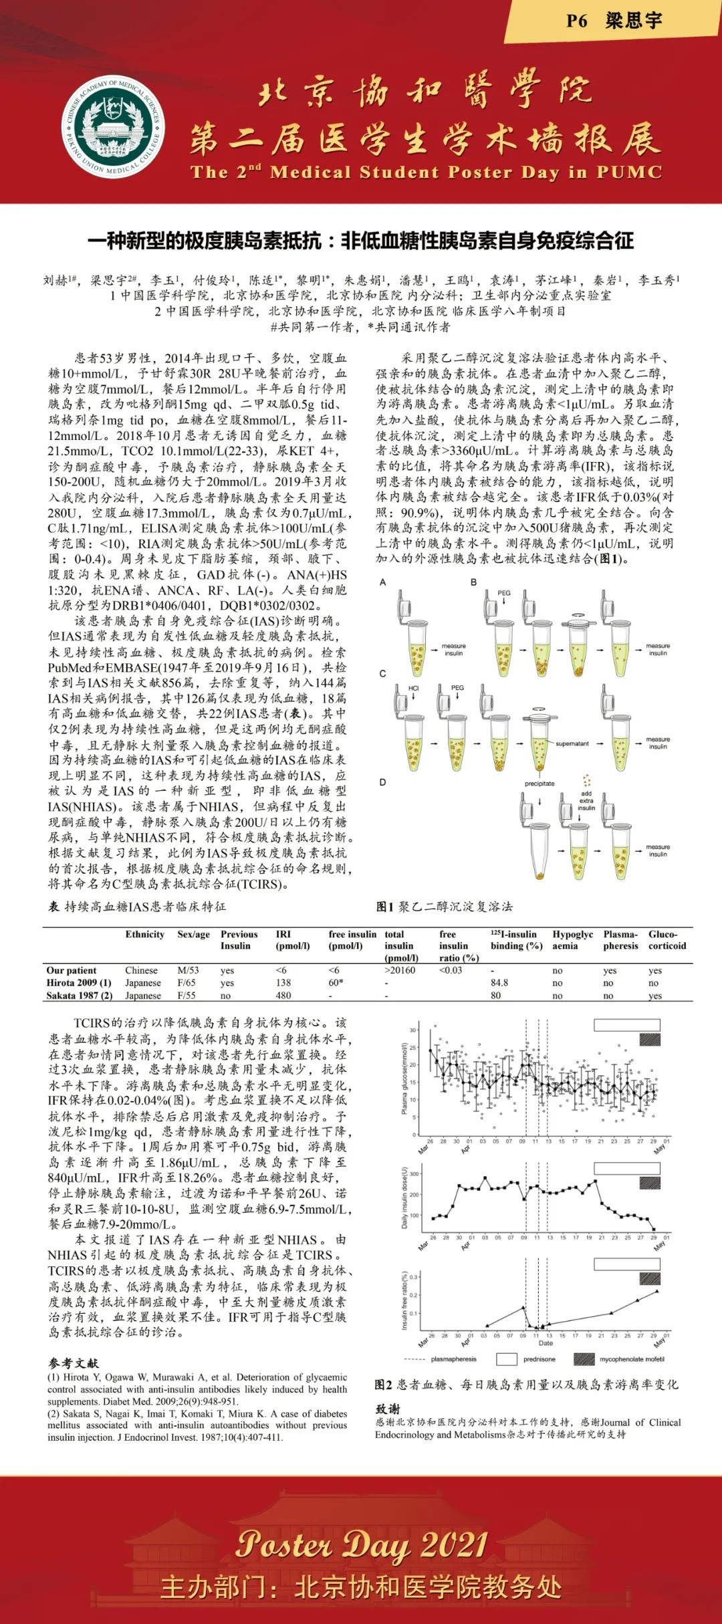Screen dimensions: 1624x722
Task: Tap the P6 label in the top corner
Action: pos(576,21)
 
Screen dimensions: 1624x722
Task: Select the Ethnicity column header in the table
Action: pos(144,934)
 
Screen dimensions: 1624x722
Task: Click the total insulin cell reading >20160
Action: pos(400,970)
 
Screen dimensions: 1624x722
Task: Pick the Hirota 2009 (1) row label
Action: pos(79,983)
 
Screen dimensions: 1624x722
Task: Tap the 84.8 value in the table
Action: pos(499,983)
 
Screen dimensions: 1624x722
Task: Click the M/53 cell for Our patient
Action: pos(188,970)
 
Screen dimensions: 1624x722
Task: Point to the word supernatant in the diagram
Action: pos(572,743)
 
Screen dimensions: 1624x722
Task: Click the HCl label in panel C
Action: pos(413,687)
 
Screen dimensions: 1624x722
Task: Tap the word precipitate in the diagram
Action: pos(539,784)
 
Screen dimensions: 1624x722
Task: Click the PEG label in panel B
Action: pos(504,592)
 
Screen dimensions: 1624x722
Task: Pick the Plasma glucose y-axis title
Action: pos(404,1078)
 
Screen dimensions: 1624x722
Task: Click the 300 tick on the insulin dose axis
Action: pos(414,1174)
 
